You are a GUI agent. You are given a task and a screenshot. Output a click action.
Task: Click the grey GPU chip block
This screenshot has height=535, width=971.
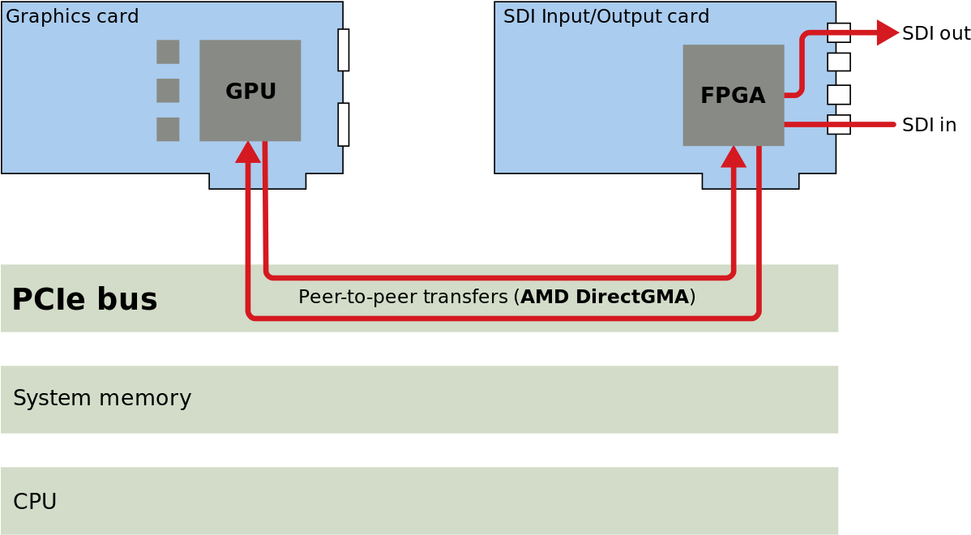[x=250, y=91]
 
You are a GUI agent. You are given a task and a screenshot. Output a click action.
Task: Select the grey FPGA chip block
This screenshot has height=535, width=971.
[x=733, y=96]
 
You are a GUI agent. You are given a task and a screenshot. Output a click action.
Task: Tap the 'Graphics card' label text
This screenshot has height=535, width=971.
[x=72, y=16]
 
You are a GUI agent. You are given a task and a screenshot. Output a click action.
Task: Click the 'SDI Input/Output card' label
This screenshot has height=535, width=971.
[x=606, y=16]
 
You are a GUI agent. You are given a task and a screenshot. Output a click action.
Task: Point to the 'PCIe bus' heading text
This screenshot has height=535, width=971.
[x=84, y=300]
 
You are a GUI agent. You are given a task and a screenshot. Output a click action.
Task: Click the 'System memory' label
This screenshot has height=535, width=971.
[x=102, y=399]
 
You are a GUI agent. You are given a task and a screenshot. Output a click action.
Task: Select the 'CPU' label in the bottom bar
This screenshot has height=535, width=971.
[x=35, y=502]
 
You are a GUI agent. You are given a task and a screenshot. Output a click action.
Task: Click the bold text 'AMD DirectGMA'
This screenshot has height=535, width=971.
[x=605, y=297]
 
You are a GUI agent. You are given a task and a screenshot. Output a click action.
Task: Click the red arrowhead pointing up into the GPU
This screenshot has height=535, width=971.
[x=248, y=152]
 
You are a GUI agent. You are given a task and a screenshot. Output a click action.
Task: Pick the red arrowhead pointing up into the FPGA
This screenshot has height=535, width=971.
[x=733, y=156]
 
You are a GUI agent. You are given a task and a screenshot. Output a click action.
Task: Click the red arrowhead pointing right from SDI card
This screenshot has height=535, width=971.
[x=888, y=32]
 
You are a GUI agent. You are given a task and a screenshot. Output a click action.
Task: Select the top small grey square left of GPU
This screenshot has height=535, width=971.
[x=168, y=52]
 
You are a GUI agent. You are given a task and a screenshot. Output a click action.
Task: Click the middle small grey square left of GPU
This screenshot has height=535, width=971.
[x=168, y=91]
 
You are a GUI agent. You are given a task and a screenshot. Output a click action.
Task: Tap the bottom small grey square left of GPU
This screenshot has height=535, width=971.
[x=168, y=129]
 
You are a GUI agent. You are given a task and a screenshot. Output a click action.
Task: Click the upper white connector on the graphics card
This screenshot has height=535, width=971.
[x=344, y=50]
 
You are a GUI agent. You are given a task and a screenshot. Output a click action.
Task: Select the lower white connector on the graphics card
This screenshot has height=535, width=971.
[x=344, y=124]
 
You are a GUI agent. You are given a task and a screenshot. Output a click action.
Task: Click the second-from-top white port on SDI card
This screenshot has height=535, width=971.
[x=839, y=62]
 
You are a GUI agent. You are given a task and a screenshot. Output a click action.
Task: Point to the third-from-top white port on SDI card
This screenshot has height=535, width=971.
[x=839, y=95]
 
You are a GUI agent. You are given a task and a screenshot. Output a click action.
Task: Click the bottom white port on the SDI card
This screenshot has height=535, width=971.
[x=839, y=124]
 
